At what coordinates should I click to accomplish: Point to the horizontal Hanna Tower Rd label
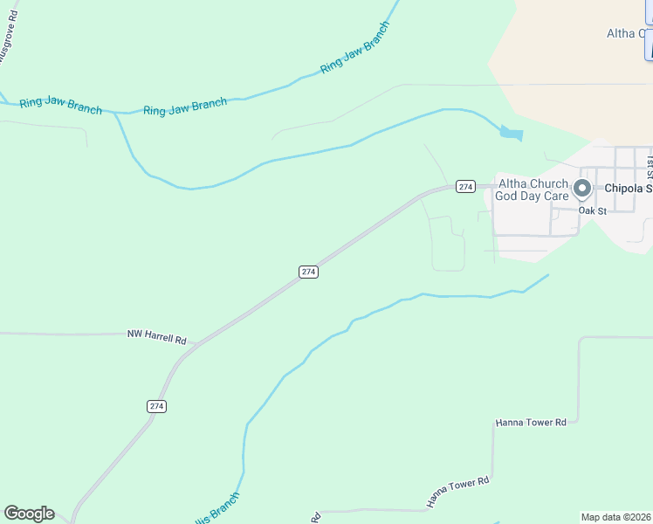click(531, 423)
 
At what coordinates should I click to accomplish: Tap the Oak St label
click(592, 210)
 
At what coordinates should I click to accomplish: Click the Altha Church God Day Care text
click(532, 190)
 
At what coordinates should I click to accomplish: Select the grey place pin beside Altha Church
click(583, 189)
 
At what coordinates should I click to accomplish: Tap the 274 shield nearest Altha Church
click(465, 187)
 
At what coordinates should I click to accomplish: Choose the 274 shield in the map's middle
click(308, 272)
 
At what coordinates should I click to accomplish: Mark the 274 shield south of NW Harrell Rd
click(156, 406)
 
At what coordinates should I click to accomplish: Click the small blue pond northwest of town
click(511, 134)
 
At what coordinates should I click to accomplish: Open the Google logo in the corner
click(29, 514)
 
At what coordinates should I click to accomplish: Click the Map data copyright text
click(616, 517)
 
